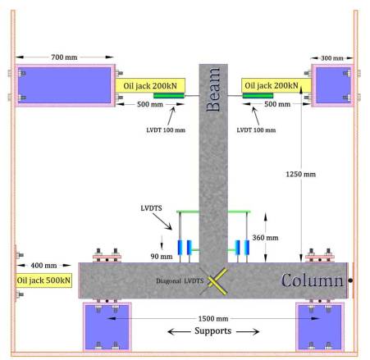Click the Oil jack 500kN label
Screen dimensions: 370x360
43,280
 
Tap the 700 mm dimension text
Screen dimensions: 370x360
64,57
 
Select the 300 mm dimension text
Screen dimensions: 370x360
332,58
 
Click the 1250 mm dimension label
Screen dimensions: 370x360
300,174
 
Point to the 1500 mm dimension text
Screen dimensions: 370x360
213,318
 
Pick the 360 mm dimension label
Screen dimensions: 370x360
265,238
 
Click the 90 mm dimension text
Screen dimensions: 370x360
162,257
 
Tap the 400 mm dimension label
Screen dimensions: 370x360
43,266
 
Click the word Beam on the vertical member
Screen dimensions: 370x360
213,89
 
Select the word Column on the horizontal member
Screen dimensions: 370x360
313,280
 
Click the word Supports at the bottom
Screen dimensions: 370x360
213,331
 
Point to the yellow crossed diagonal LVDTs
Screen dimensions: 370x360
217,281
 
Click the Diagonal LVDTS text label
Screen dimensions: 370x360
180,280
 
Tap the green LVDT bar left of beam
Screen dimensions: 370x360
169,95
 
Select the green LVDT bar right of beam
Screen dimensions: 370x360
258,95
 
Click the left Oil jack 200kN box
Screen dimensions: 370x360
150,85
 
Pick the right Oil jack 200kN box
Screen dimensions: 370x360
276,85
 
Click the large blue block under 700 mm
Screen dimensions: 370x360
65,85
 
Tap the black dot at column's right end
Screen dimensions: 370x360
350,280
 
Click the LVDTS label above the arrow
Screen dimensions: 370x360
151,208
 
